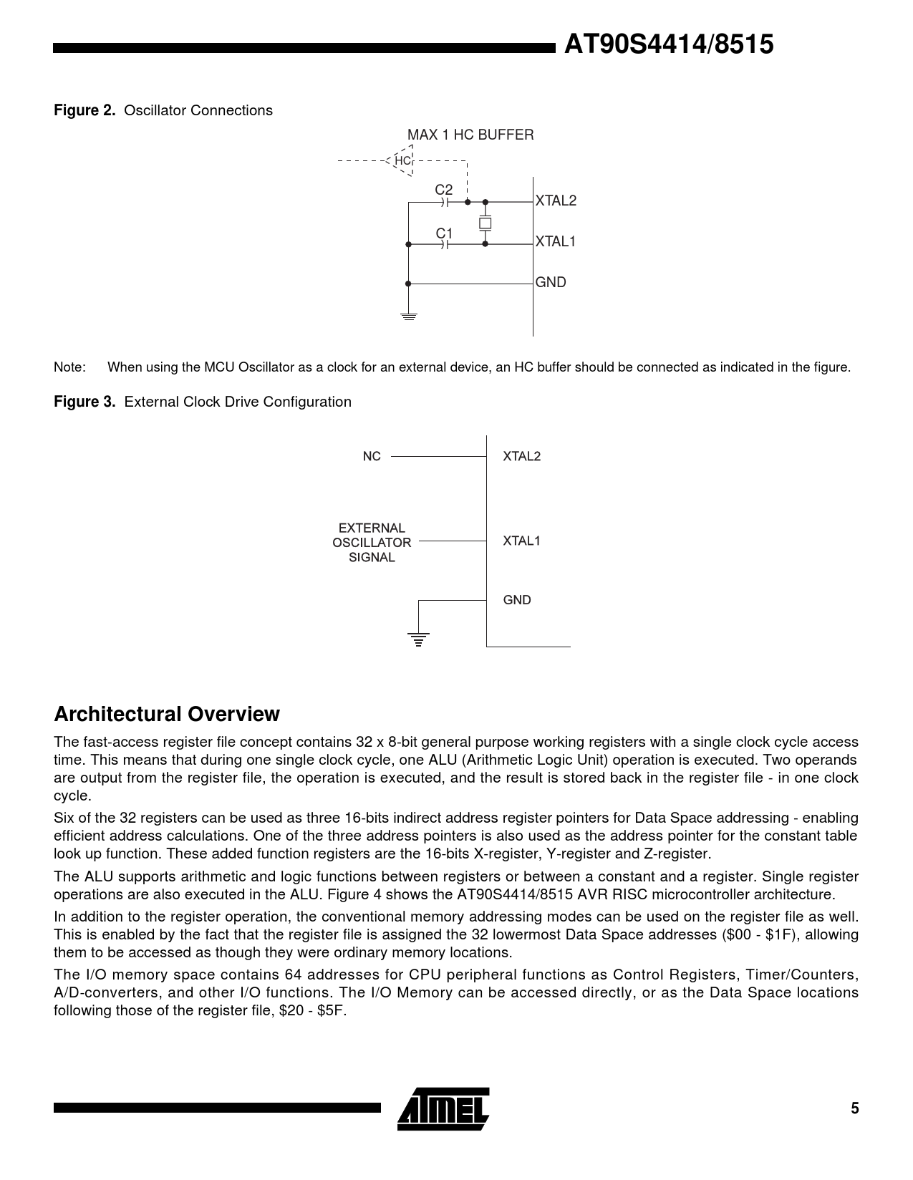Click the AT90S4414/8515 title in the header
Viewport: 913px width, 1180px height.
tap(668, 45)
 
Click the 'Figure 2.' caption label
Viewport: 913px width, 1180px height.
tap(84, 110)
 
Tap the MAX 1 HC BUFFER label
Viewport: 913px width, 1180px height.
tap(470, 135)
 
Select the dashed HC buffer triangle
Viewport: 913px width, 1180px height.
tap(402, 160)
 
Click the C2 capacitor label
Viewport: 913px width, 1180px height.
tap(444, 190)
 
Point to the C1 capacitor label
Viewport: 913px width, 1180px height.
tap(444, 233)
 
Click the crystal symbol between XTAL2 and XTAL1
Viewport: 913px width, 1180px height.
tap(485, 223)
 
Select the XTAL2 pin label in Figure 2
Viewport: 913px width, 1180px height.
tap(556, 200)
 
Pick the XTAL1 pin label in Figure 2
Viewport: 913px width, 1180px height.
tap(556, 241)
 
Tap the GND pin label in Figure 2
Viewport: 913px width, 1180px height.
tap(551, 282)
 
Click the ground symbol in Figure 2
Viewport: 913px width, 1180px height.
tap(408, 315)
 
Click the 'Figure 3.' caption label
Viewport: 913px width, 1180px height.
tap(84, 402)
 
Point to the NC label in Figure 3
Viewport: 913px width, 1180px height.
tap(372, 456)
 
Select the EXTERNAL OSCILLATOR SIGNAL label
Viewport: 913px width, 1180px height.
tap(372, 543)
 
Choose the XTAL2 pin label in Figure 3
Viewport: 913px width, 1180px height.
tap(521, 456)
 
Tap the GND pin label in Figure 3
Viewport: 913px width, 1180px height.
tap(517, 600)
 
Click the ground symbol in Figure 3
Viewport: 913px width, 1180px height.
tap(419, 639)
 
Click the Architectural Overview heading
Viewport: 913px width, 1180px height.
tap(167, 714)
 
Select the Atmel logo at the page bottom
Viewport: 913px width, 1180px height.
tap(444, 1109)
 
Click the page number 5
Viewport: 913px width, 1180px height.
tap(854, 1109)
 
